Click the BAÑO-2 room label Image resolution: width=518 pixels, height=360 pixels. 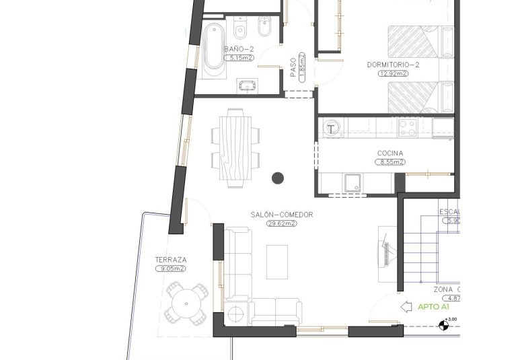click(240, 49)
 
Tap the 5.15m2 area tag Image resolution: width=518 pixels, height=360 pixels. click(240, 59)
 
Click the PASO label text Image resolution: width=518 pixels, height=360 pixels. click(293, 66)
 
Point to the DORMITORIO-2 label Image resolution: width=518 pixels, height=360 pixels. click(394, 65)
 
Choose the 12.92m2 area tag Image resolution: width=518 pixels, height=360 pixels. click(394, 73)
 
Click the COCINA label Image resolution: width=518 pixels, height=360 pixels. click(390, 153)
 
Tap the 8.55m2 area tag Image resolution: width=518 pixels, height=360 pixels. click(390, 162)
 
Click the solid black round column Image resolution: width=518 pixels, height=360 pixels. click(277, 178)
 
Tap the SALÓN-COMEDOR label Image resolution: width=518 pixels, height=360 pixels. click(282, 215)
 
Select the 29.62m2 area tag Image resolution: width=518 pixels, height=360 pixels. click(282, 223)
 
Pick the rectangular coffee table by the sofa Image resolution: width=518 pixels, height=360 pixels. click(277, 262)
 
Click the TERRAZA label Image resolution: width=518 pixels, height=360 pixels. click(170, 259)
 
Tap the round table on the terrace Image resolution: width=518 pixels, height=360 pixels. click(188, 303)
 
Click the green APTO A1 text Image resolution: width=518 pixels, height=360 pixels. click(433, 307)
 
